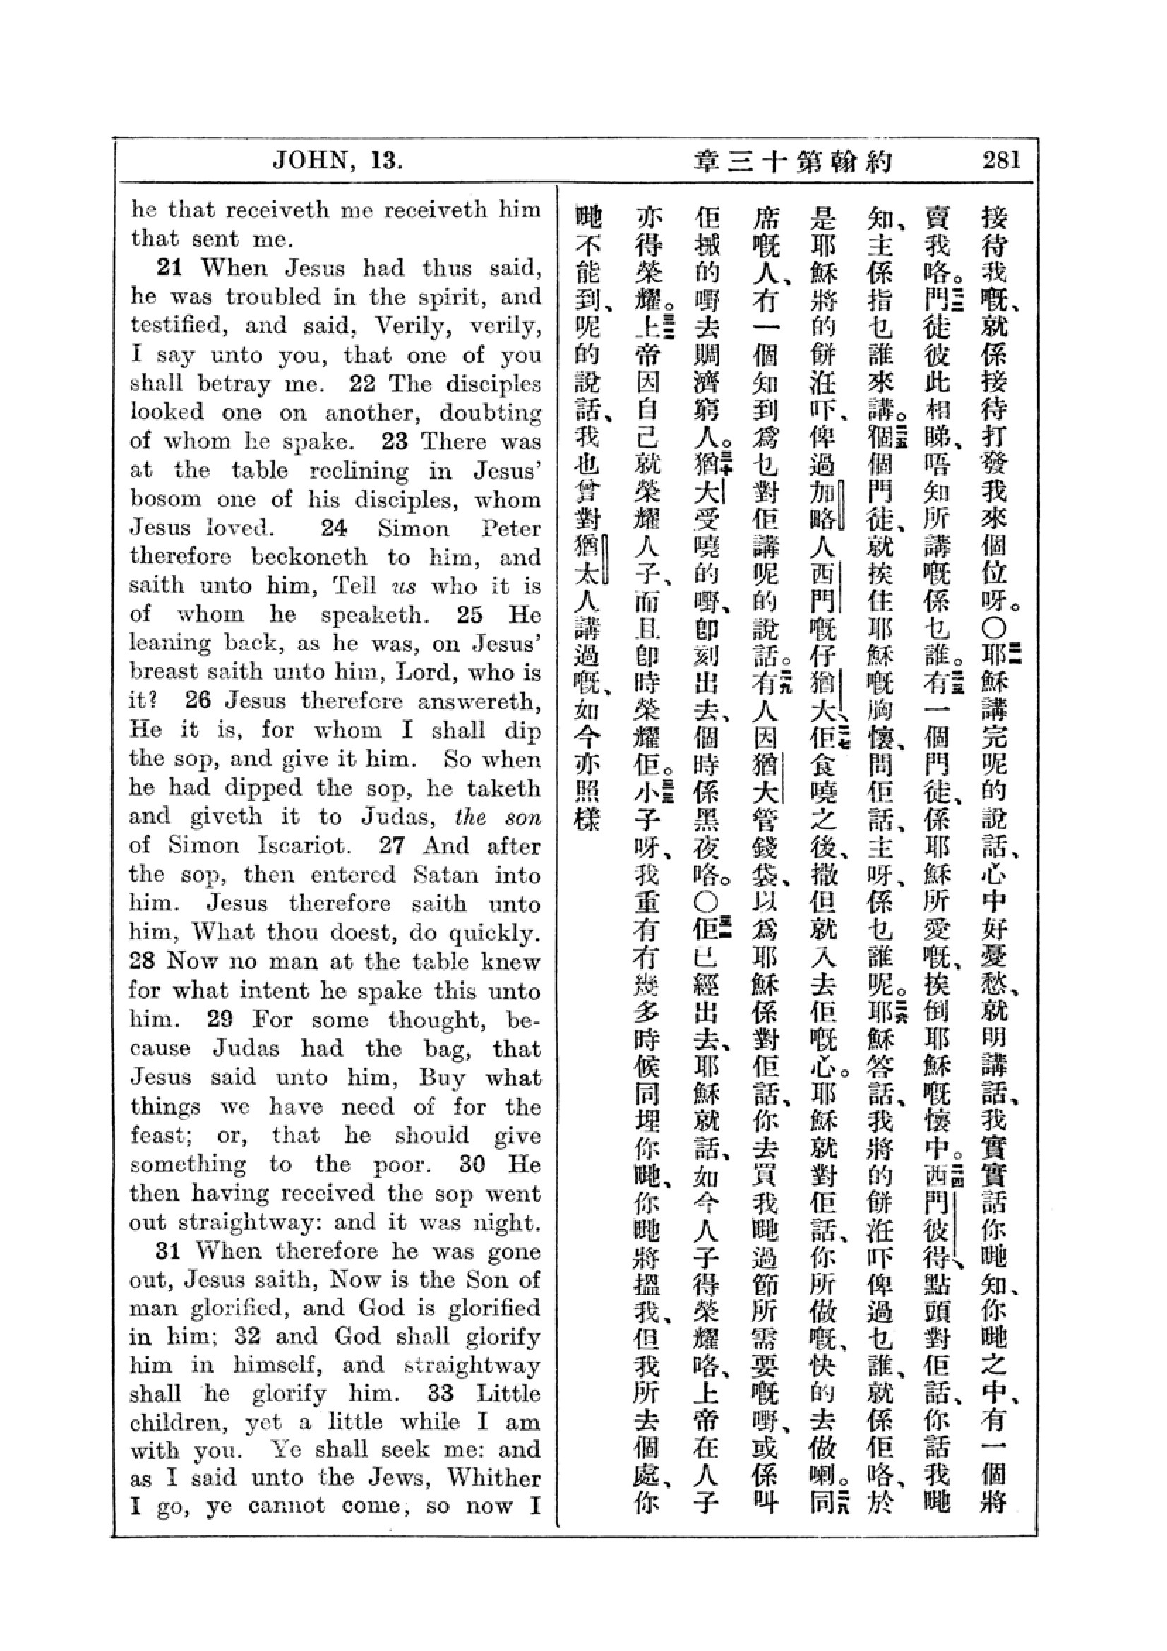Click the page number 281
pos(1002,160)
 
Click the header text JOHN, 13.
pos(337,160)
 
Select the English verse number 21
pos(169,268)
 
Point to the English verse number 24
pos(335,528)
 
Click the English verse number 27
pos(393,845)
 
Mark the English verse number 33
pos(440,1393)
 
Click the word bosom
pos(158,499)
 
